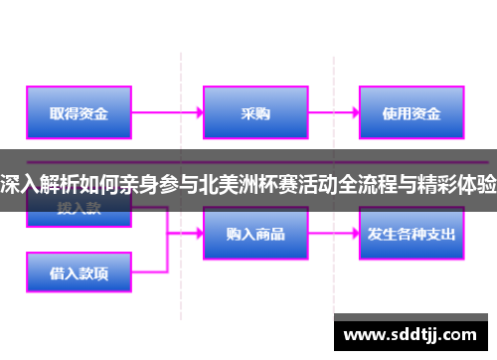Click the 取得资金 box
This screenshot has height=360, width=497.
pos(81,113)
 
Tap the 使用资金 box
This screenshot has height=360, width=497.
pos(411,113)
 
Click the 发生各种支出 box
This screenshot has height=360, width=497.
pos(411,235)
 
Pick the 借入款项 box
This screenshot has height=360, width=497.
pos(81,271)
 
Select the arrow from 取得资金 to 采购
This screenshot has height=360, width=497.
pos(168,113)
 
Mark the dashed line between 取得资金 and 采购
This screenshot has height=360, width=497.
pos(180,80)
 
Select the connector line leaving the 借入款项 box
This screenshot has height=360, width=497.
pos(149,271)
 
